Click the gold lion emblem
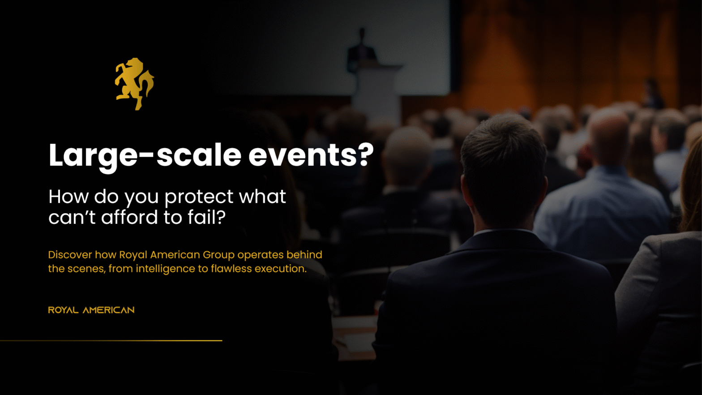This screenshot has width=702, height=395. (x=134, y=84)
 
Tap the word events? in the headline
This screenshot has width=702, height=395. (x=311, y=155)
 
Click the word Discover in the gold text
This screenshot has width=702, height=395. (x=70, y=255)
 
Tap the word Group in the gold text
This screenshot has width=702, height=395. (x=218, y=255)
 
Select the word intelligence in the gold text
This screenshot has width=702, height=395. (x=166, y=269)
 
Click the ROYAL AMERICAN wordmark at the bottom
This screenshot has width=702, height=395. (x=91, y=310)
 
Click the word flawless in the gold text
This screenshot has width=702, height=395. (x=231, y=269)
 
